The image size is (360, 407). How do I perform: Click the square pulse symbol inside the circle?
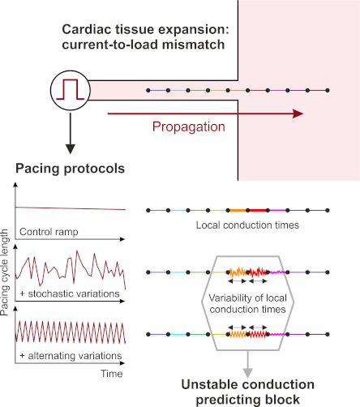click(71, 90)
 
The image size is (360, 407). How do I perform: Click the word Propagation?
click(189, 126)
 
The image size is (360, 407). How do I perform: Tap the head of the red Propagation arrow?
click(298, 114)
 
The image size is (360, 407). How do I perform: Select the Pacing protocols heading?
click(71, 169)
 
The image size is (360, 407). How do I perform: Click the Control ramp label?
click(49, 232)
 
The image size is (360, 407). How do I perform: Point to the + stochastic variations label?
click(70, 293)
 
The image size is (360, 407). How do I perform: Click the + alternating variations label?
click(71, 356)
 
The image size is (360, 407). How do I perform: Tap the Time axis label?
click(112, 374)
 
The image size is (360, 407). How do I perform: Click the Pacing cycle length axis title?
click(5, 272)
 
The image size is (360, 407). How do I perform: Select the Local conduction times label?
click(247, 225)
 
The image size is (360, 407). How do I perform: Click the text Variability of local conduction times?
click(247, 303)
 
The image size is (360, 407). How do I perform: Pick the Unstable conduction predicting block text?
click(247, 392)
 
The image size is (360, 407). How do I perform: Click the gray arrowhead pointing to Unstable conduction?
click(248, 373)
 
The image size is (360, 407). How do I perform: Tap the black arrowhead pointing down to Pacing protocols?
click(71, 149)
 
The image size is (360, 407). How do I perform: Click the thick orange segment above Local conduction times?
click(238, 210)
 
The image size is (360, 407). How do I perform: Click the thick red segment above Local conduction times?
click(258, 210)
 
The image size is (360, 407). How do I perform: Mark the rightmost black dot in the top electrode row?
click(328, 90)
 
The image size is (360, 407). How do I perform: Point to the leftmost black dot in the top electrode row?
click(148, 90)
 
